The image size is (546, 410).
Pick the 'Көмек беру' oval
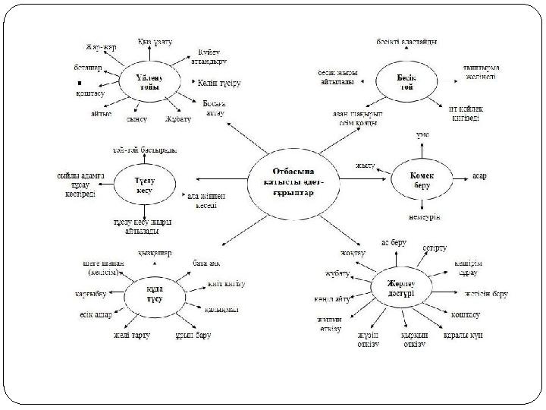point(422,178)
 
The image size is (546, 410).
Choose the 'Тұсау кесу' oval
point(144,184)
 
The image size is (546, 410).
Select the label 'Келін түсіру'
point(220,81)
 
